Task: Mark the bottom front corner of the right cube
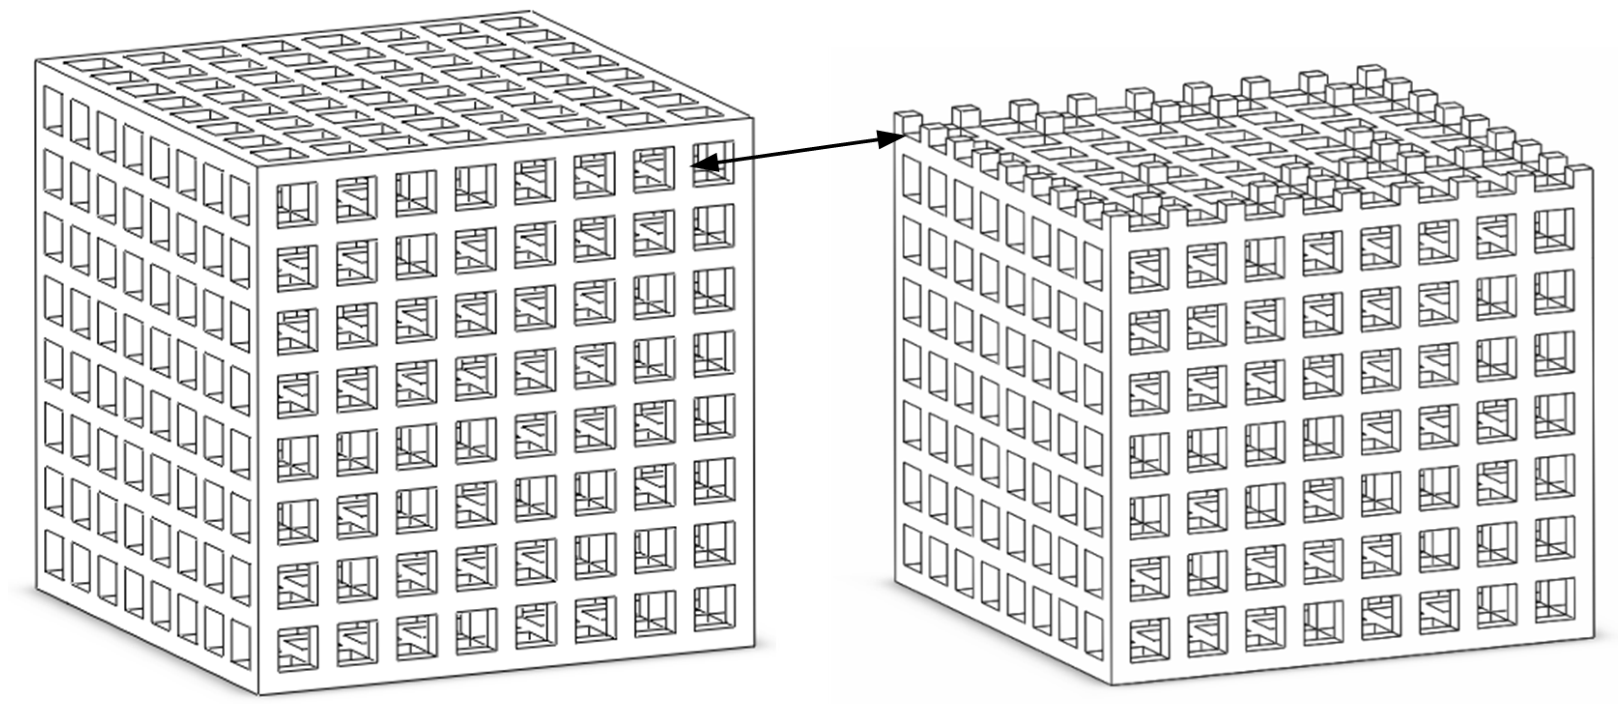click(x=1112, y=684)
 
